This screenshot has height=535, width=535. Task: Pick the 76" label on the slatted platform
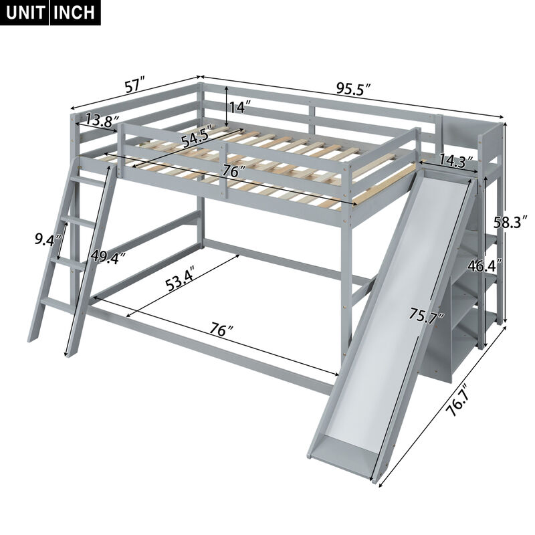(231, 172)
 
